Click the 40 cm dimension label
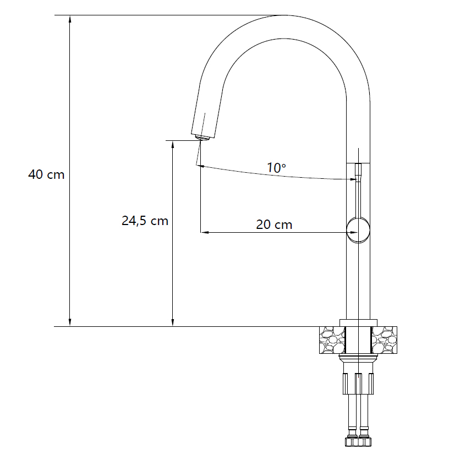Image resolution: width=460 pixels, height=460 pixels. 46,174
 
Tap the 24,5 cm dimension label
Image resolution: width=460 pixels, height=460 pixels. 145,221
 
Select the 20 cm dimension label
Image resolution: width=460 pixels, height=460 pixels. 274,224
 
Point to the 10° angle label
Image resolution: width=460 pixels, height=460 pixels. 276,168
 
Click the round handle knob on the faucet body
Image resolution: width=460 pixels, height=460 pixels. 358,231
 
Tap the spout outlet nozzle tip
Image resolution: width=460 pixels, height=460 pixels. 202,138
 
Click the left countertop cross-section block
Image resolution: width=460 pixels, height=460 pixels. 332,340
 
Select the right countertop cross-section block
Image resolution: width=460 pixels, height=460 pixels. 384,340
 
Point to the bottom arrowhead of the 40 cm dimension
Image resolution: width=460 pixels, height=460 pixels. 70,322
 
